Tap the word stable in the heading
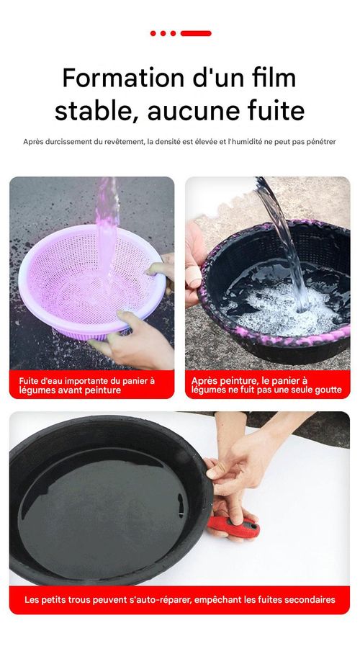click(90, 111)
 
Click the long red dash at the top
click(196, 33)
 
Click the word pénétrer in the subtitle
click(320, 143)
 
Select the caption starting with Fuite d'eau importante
click(86, 385)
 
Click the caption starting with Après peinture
click(266, 385)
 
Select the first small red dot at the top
click(153, 33)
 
